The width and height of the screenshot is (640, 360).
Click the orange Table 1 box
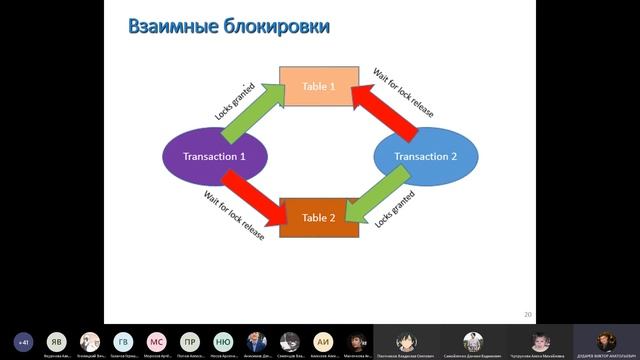point(319,87)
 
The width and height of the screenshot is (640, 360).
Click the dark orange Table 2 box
point(319,217)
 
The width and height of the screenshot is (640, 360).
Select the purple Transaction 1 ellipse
point(214,157)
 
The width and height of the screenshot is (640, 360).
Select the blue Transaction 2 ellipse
point(425,157)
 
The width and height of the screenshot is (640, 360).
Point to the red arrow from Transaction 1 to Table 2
point(253,196)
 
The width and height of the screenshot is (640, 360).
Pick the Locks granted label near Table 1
point(236,99)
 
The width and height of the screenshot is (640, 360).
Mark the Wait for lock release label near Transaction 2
point(404,93)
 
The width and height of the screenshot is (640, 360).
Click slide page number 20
point(527,314)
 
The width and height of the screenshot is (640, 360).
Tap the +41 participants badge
point(23,341)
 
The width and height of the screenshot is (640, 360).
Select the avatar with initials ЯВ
point(56,341)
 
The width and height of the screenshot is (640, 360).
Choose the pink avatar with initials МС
point(156,341)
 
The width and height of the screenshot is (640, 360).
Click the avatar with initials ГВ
point(123,341)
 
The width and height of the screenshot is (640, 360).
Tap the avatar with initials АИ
point(322,341)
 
